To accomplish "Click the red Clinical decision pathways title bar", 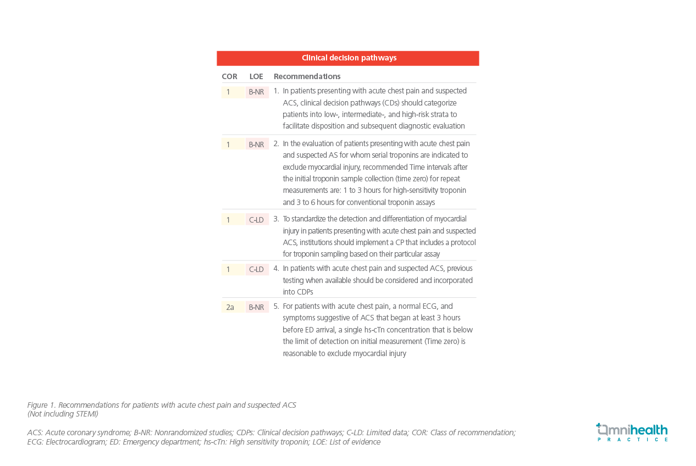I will point(348,58).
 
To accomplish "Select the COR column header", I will point(229,76).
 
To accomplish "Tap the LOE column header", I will point(256,76).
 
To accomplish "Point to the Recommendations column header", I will point(307,76).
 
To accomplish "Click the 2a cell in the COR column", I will point(230,307).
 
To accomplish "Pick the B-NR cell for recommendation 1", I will point(256,92).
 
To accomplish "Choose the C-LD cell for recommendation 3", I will point(256,220).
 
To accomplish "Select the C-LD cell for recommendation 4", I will point(256,269).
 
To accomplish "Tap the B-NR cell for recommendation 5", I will point(256,307).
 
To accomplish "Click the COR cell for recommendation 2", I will point(229,145).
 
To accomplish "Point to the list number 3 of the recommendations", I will point(276,219).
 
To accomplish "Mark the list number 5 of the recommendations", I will point(276,306).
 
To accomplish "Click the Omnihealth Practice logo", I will point(632,432).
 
